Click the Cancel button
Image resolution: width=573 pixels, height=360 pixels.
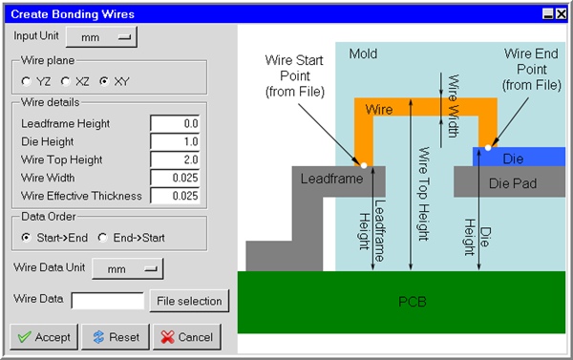(186, 337)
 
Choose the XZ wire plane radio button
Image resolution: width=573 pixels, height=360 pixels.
(66, 81)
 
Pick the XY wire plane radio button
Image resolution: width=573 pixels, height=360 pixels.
(105, 81)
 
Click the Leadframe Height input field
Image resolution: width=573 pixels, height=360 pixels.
(175, 123)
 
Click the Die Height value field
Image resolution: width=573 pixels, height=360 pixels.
(175, 141)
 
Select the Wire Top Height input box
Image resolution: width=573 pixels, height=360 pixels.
(175, 159)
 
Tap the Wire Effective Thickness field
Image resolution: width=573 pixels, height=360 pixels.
(175, 196)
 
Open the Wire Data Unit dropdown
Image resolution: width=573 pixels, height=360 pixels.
(128, 269)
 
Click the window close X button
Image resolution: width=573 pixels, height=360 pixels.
(562, 13)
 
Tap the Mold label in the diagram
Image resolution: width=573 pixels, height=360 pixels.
(365, 53)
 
